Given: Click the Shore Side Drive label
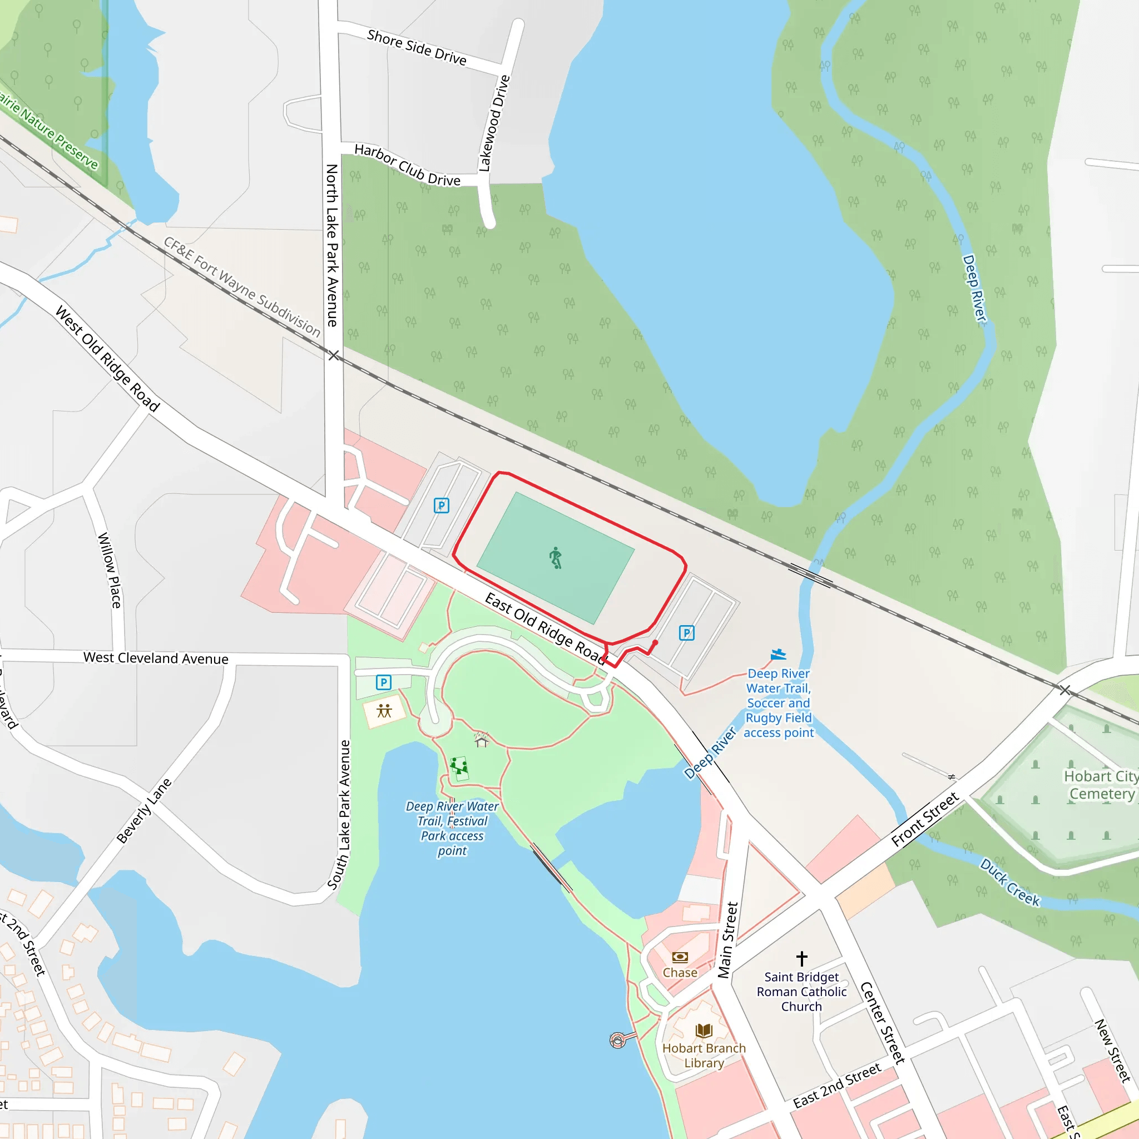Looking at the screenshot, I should (x=416, y=47).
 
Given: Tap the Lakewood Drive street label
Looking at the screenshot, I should (x=493, y=123).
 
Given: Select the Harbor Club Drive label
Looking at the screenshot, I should (x=407, y=165).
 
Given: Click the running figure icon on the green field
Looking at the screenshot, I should (x=556, y=558).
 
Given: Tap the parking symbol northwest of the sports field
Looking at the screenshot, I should (x=441, y=505).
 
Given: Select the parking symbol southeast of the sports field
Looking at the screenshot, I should (x=686, y=632).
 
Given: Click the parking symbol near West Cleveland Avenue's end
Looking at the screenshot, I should (x=383, y=682).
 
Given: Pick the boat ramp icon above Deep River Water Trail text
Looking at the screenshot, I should (x=778, y=655).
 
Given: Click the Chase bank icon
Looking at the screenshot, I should (x=680, y=957).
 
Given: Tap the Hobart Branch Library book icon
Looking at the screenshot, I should (x=704, y=1031).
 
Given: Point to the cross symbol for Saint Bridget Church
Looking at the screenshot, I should (x=802, y=958).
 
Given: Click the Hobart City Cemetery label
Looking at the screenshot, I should (x=1101, y=785).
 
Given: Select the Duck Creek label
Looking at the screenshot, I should (x=1010, y=882).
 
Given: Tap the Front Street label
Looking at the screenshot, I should (x=924, y=819).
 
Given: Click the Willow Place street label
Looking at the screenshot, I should (x=110, y=570).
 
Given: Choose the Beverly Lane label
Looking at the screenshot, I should (x=144, y=811).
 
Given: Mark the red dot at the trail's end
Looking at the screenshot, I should (x=655, y=642).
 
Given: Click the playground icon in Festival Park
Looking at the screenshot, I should (x=459, y=766).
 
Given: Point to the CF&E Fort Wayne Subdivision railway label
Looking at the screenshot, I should (x=242, y=286).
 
